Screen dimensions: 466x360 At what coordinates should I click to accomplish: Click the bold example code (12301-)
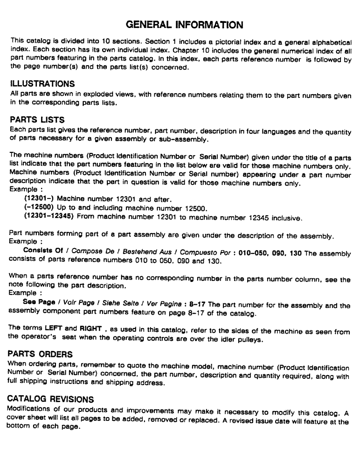pyautogui.click(x=37, y=199)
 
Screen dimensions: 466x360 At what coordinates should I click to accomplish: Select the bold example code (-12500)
pyautogui.click(x=38, y=207)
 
